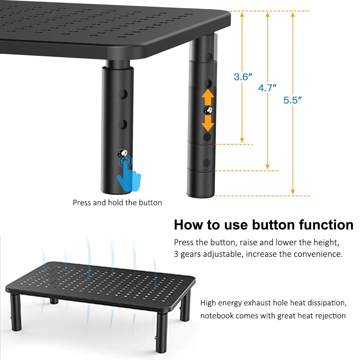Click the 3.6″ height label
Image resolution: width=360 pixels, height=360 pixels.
[243, 77]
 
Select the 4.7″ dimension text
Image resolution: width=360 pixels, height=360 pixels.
[267, 88]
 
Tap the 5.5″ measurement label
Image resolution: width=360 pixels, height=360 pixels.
[292, 100]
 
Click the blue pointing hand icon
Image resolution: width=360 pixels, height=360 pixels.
[129, 174]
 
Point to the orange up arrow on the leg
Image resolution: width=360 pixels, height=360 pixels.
[208, 97]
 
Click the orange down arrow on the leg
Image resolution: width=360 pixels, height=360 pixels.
[208, 123]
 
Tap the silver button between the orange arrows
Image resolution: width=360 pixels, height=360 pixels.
[208, 110]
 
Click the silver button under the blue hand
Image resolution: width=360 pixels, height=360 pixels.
[123, 153]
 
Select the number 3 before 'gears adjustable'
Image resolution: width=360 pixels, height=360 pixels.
[176, 254]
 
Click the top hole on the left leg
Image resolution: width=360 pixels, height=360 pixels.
[123, 94]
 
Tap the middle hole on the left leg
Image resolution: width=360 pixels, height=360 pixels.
[123, 124]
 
